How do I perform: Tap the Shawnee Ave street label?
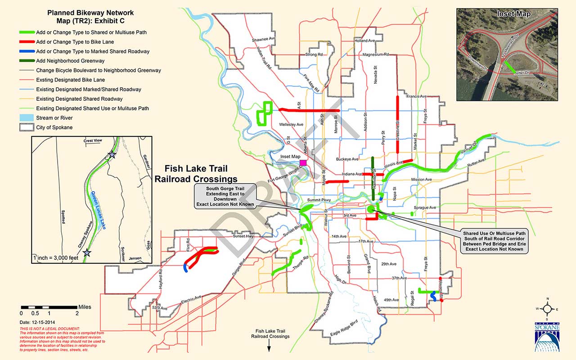click(x=263, y=39)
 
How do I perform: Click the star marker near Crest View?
click(x=112, y=155)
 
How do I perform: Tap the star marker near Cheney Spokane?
click(x=88, y=253)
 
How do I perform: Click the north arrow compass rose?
click(x=548, y=309)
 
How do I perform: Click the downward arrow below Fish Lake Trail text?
click(x=269, y=346)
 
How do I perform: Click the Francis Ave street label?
click(x=416, y=97)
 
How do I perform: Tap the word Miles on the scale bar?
click(x=85, y=307)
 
